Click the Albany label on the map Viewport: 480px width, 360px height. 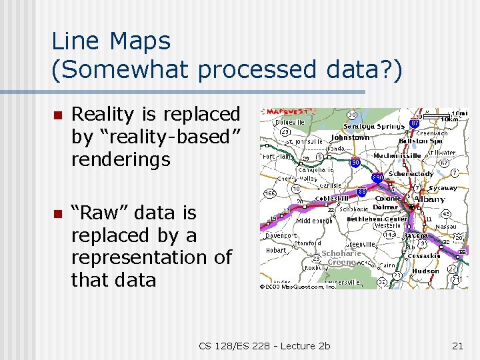[x=430, y=199]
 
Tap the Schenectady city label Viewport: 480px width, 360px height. [x=411, y=174]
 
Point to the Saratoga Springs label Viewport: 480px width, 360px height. [x=381, y=126]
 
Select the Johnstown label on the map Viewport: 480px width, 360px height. [x=350, y=138]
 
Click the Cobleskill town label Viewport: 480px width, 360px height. [x=332, y=199]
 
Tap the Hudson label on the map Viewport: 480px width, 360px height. [x=425, y=271]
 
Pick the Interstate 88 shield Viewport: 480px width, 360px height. [x=362, y=192]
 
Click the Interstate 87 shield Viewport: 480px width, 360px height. [x=414, y=123]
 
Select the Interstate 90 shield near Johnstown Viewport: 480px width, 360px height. [x=355, y=163]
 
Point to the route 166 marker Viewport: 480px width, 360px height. [x=270, y=193]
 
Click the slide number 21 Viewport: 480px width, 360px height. [x=457, y=345]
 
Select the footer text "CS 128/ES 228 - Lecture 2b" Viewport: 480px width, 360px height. [x=264, y=345]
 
